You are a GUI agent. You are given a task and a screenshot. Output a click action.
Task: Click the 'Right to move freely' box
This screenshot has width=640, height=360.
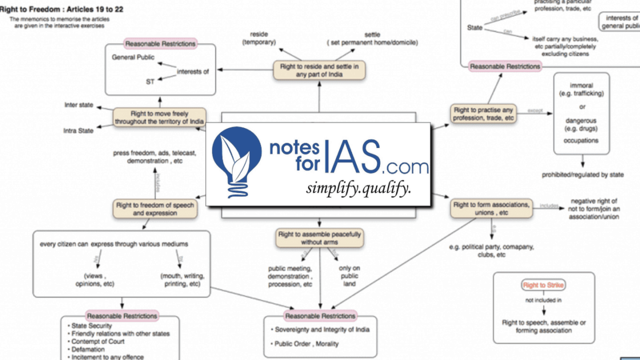[x=159, y=118]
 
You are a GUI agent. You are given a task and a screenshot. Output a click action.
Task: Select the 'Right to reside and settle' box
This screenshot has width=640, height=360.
[x=319, y=70]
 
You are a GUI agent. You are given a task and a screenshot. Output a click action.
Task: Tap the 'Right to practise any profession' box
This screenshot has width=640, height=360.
[x=484, y=114]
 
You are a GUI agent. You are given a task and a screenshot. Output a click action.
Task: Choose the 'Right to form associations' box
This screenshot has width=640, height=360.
[x=491, y=208]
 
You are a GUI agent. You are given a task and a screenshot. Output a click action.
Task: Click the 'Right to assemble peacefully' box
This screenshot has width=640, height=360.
[x=319, y=238]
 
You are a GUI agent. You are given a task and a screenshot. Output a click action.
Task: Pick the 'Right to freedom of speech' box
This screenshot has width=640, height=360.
[x=155, y=209]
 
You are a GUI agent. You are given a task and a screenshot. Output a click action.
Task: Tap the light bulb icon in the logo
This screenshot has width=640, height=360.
[x=235, y=157]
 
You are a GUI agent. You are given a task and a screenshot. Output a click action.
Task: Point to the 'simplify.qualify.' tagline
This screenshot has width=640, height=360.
[x=358, y=188]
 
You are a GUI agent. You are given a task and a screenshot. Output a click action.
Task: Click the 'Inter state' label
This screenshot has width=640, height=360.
[x=79, y=106]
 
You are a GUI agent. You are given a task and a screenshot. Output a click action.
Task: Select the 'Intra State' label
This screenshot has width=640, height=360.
[x=78, y=131]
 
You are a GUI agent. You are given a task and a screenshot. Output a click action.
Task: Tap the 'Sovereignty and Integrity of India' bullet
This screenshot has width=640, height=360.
[x=322, y=330]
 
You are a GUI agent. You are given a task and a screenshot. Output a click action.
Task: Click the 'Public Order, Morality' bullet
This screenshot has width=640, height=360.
[x=306, y=344]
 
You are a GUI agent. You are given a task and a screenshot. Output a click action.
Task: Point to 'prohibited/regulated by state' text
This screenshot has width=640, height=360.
[x=582, y=174]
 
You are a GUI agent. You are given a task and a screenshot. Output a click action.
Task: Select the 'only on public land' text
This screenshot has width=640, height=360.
[x=350, y=277]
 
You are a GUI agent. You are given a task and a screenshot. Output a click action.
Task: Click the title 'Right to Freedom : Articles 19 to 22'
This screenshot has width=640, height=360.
[x=62, y=10]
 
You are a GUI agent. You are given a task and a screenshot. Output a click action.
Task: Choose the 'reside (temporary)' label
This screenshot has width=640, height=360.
[x=259, y=38]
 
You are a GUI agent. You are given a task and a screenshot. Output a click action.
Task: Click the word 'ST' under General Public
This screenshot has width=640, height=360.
[x=150, y=81]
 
